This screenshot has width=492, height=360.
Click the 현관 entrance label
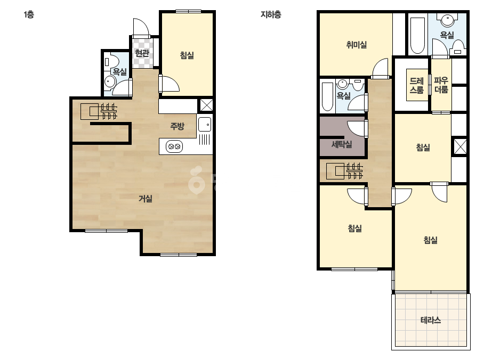pos(142,53)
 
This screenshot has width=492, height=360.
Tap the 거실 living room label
pos(146,199)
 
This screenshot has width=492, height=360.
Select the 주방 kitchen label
pos(177,126)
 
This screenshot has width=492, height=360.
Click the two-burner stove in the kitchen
pos(174,146)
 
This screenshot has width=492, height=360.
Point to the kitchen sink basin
pos(205,124)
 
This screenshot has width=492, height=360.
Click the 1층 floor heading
pos(29,14)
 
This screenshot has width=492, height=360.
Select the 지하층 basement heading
pos(271,14)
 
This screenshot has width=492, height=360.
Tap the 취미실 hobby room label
pos(357,45)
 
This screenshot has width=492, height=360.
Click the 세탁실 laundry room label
pos(342,144)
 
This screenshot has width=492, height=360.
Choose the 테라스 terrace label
pos(431,320)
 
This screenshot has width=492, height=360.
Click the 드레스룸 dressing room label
pos(417,85)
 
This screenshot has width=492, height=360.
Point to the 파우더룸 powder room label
pos(441,85)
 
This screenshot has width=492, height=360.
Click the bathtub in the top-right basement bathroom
pos(417,36)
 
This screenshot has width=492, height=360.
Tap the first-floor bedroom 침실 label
pos(187,55)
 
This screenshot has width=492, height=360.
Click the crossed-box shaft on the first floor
pos(206,105)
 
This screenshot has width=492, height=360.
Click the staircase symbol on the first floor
pos(99,111)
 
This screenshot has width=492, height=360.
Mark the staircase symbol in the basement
pos(344,171)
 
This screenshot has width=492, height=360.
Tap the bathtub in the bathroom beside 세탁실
pos(327,96)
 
